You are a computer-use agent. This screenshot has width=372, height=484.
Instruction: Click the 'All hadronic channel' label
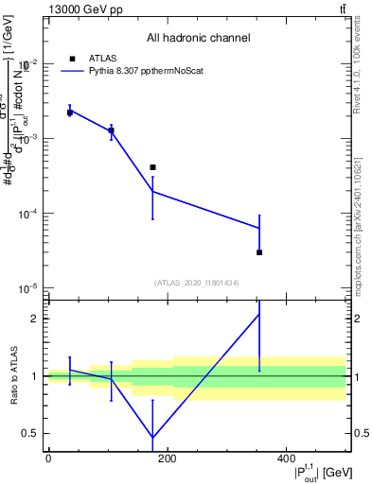coord(198,38)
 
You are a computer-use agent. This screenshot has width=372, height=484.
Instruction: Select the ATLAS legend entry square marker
coord(70,58)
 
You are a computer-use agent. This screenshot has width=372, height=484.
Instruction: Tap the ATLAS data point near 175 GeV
coord(152,167)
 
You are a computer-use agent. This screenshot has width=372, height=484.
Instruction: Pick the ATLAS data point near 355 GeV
coord(259,252)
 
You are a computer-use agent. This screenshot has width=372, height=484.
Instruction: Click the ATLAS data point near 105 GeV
coord(112,130)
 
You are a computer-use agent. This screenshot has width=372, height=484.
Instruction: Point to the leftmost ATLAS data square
coord(70,112)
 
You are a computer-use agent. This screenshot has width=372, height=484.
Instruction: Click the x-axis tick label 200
coord(167,458)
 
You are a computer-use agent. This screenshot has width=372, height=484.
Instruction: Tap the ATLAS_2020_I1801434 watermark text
coord(197,283)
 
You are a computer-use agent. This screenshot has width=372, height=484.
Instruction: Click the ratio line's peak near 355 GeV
coord(259,314)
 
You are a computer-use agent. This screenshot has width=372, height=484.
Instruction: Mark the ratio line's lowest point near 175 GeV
coord(152,438)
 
